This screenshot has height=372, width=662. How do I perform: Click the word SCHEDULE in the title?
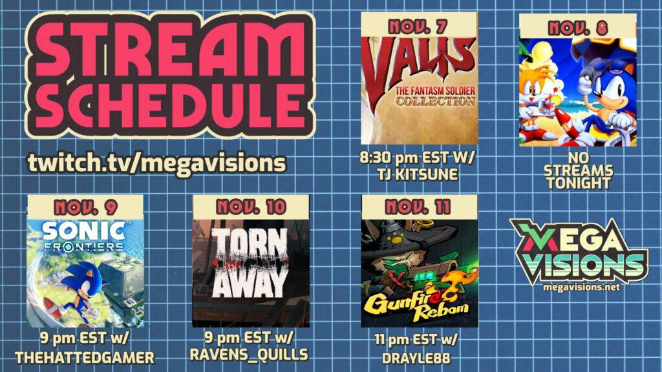click(x=171, y=105)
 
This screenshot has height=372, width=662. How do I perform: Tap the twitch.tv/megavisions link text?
click(x=156, y=163)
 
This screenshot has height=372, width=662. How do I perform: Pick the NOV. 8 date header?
click(x=577, y=28)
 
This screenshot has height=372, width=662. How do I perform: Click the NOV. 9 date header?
click(x=85, y=207)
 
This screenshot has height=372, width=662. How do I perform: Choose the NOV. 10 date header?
click(x=251, y=207)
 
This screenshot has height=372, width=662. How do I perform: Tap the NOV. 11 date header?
click(x=418, y=207)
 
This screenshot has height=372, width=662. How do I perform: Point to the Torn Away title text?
click(x=251, y=263)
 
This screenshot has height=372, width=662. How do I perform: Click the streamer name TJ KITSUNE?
click(x=418, y=174)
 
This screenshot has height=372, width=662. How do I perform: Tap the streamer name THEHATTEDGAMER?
click(x=85, y=358)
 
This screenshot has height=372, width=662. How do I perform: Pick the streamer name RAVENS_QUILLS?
click(x=249, y=355)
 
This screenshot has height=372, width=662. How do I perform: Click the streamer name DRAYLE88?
click(x=416, y=358)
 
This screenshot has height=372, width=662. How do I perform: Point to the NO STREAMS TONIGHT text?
click(x=578, y=170)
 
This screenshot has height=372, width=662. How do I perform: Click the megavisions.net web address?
click(x=581, y=287)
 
